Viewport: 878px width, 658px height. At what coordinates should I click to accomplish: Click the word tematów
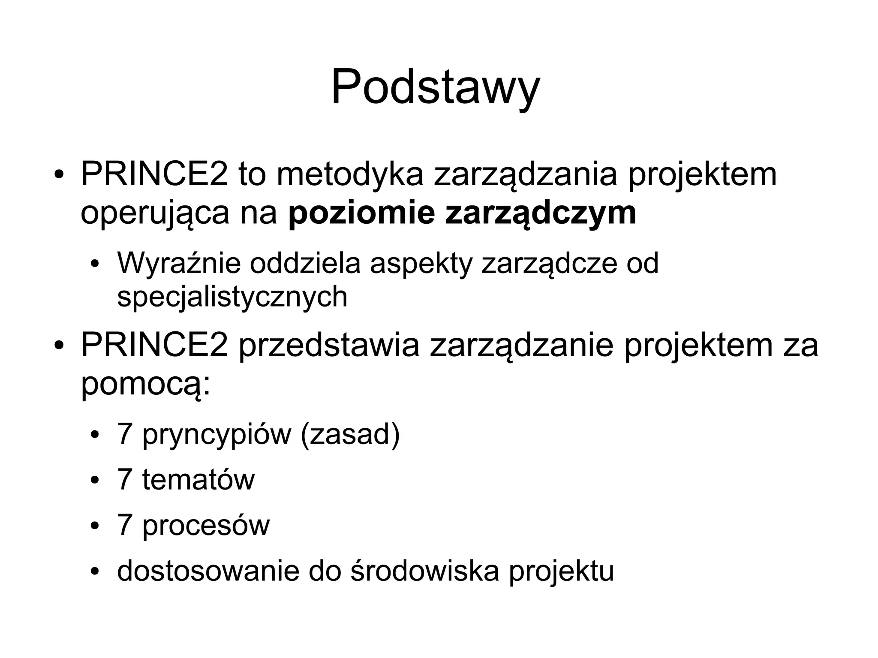point(198,480)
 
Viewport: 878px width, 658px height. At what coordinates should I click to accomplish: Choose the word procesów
point(206,526)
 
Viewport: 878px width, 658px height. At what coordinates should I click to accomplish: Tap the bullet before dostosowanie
point(95,572)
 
